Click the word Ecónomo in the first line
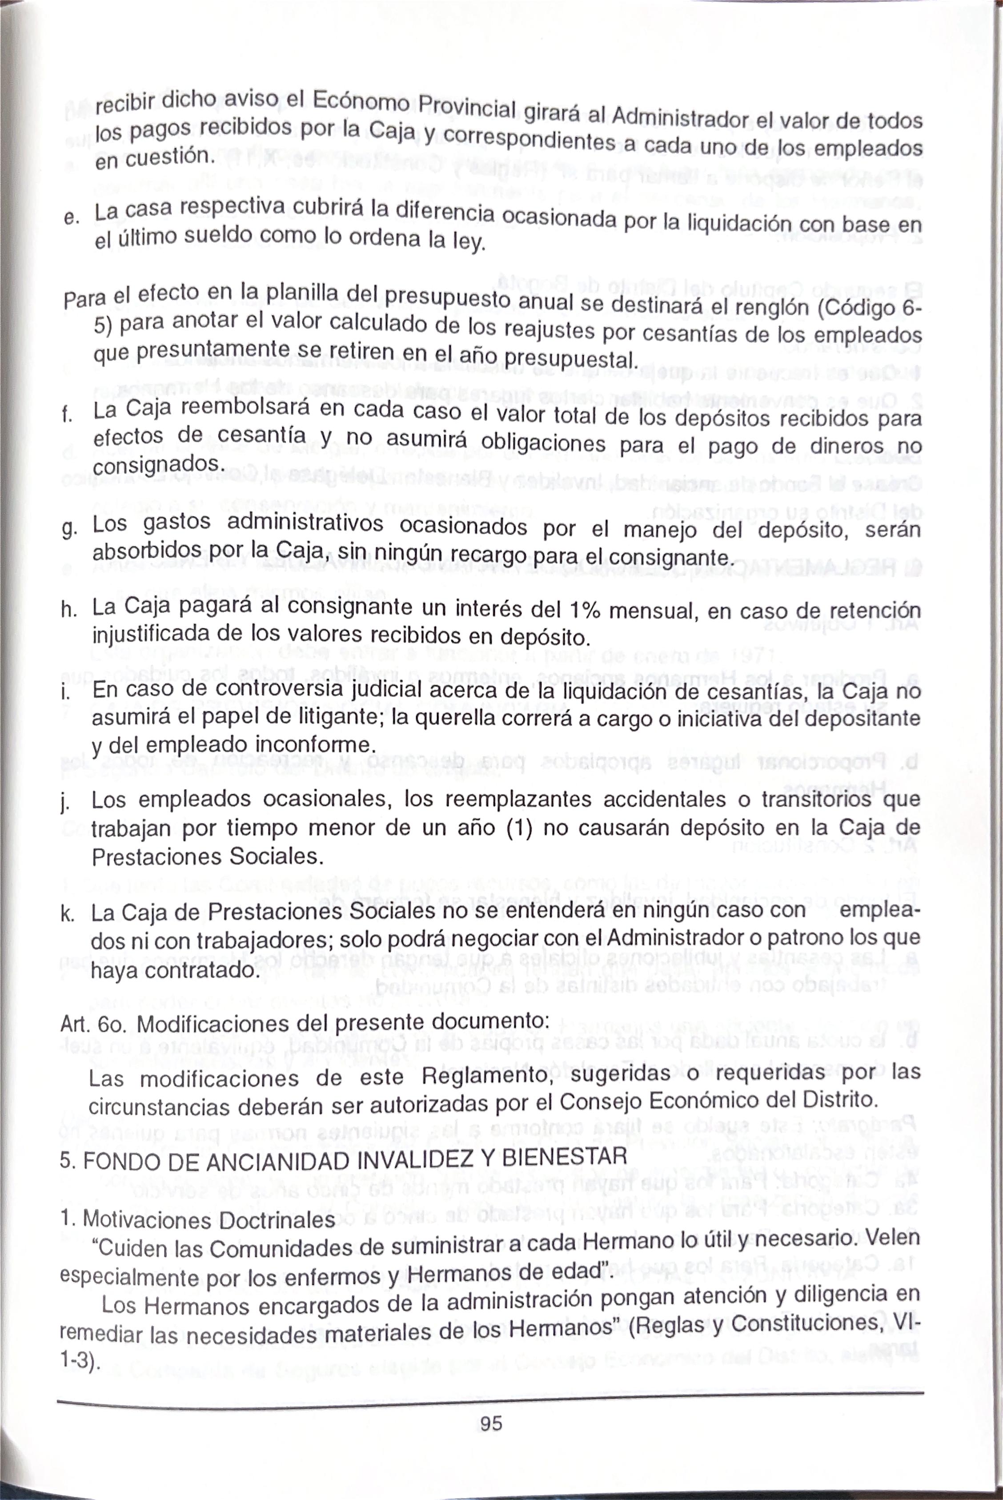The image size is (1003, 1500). [358, 102]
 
